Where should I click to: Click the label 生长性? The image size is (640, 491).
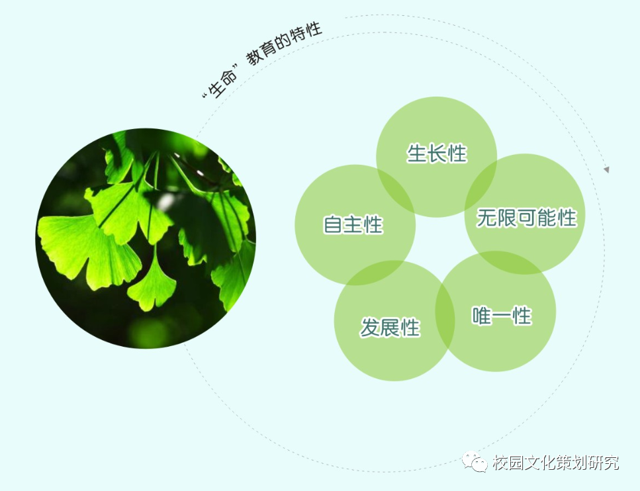[437, 154]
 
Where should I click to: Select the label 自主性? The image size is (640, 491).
[353, 224]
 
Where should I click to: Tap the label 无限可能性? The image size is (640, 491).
[526, 217]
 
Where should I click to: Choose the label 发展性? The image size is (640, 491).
[390, 327]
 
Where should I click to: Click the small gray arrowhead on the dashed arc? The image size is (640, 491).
[606, 170]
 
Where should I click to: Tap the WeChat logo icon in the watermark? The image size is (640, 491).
[474, 461]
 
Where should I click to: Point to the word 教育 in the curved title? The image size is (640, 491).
[263, 54]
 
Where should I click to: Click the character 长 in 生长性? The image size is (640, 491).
[437, 154]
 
